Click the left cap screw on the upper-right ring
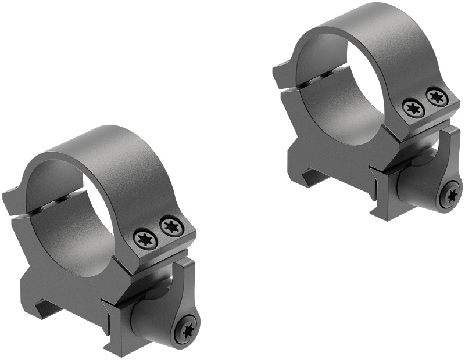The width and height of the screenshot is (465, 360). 413,108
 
